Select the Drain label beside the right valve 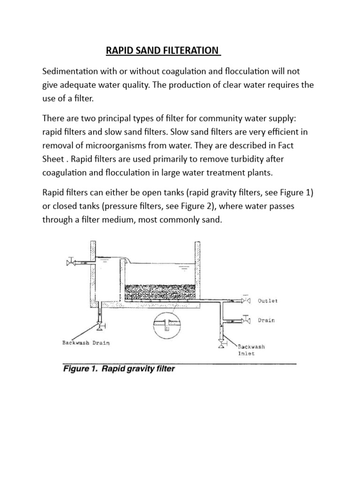266,321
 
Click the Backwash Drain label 86,343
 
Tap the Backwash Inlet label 251,350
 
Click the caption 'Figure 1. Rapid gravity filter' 119,369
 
